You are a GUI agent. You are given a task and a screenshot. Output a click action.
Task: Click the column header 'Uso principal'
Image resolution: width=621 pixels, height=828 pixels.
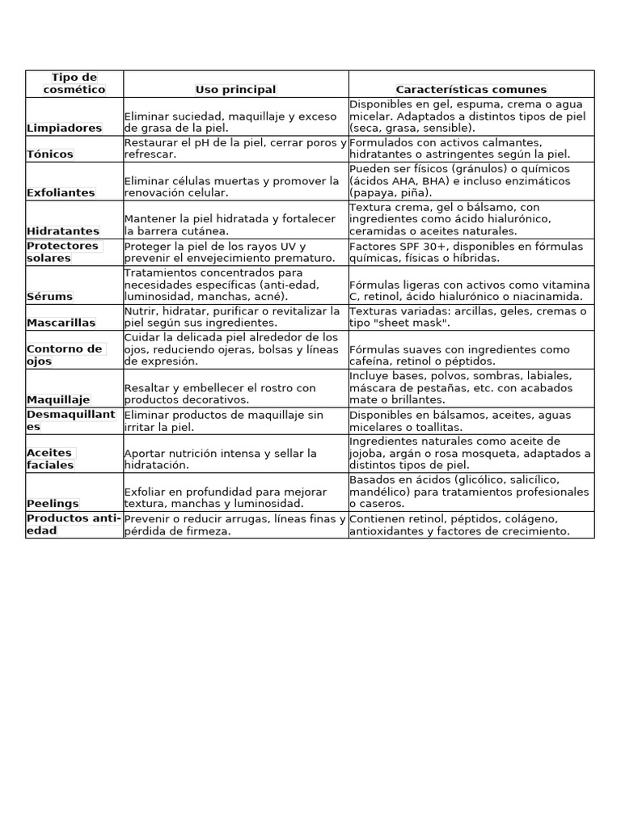[x=235, y=90]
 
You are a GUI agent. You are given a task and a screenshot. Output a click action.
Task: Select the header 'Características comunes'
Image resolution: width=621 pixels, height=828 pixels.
[x=471, y=90]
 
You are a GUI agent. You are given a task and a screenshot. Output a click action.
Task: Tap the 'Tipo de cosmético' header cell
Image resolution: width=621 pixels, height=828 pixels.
[x=74, y=83]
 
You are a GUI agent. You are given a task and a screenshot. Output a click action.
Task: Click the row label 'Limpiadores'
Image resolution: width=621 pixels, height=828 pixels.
[x=64, y=128]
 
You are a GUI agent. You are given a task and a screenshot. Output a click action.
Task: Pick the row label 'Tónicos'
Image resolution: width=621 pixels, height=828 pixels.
[x=49, y=154]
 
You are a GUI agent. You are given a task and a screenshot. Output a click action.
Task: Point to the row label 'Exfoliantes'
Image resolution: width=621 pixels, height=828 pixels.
[x=61, y=192]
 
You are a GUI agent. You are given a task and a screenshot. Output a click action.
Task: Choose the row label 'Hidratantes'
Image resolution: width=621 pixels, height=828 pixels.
[x=63, y=231]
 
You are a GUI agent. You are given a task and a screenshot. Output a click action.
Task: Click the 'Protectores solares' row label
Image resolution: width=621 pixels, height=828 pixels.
[x=62, y=251]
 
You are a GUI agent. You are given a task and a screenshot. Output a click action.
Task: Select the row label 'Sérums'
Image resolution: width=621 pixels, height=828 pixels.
[x=49, y=297]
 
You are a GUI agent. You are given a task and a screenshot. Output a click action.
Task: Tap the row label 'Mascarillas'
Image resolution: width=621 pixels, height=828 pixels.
[x=61, y=323]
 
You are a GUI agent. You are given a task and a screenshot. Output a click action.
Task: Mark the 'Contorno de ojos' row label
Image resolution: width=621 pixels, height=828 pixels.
[x=65, y=355]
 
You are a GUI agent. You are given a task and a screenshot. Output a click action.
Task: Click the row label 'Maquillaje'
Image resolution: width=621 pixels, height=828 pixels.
[x=58, y=399]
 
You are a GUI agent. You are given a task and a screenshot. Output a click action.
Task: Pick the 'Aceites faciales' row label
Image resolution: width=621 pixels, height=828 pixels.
[x=50, y=458]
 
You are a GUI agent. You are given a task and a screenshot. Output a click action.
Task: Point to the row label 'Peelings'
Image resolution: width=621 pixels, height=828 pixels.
[x=53, y=504]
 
